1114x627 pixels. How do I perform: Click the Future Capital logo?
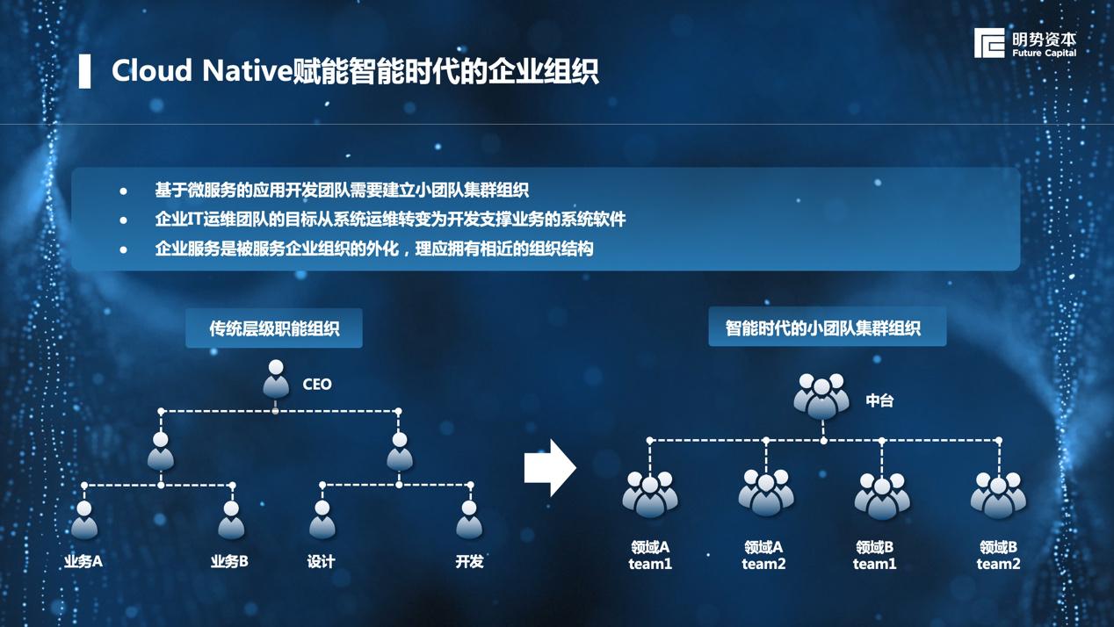click(x=1024, y=43)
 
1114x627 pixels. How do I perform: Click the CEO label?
click(x=317, y=385)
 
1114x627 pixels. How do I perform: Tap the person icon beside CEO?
click(x=276, y=379)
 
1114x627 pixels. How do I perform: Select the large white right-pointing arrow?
click(x=550, y=468)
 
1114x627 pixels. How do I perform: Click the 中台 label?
click(x=879, y=400)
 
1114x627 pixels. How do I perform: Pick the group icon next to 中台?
click(x=821, y=396)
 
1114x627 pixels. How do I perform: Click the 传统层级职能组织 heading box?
click(x=274, y=329)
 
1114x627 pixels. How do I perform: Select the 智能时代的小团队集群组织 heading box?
click(x=827, y=328)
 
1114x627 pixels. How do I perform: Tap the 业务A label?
click(x=83, y=561)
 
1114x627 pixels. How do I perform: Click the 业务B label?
click(x=229, y=561)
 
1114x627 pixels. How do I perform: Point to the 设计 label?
click(x=322, y=561)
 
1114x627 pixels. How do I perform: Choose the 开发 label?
click(x=469, y=561)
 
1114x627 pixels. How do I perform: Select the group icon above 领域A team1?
click(x=650, y=494)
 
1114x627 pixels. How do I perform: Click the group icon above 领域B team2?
click(x=998, y=494)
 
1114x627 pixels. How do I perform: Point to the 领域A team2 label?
click(x=763, y=555)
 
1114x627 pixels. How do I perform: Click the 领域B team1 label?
click(x=875, y=555)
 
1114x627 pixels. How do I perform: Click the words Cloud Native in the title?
click(x=201, y=71)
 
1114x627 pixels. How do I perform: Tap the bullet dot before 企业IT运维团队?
click(x=124, y=220)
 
